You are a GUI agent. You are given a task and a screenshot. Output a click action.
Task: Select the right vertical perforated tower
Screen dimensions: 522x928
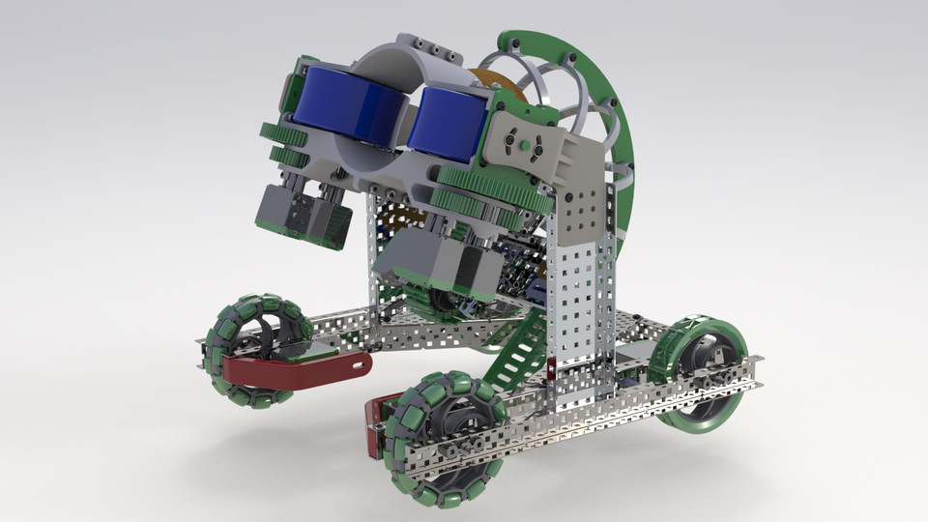coord(579,300)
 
